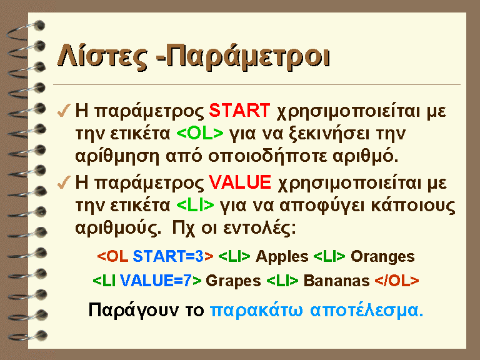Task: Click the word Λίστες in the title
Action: click(102, 56)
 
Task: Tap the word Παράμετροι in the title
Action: click(247, 57)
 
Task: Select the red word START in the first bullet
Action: click(239, 111)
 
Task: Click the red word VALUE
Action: click(240, 182)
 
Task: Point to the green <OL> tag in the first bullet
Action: click(200, 133)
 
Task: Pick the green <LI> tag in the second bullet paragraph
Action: click(195, 205)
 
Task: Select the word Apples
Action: click(282, 256)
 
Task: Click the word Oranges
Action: click(382, 257)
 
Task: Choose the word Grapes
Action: click(233, 281)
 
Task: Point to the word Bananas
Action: click(336, 281)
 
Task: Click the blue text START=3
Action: click(168, 256)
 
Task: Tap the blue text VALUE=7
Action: click(156, 281)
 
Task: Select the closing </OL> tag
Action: click(397, 281)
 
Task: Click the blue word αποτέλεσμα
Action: click(366, 310)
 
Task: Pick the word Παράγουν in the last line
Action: click(133, 311)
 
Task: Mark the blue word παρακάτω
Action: click(256, 310)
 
